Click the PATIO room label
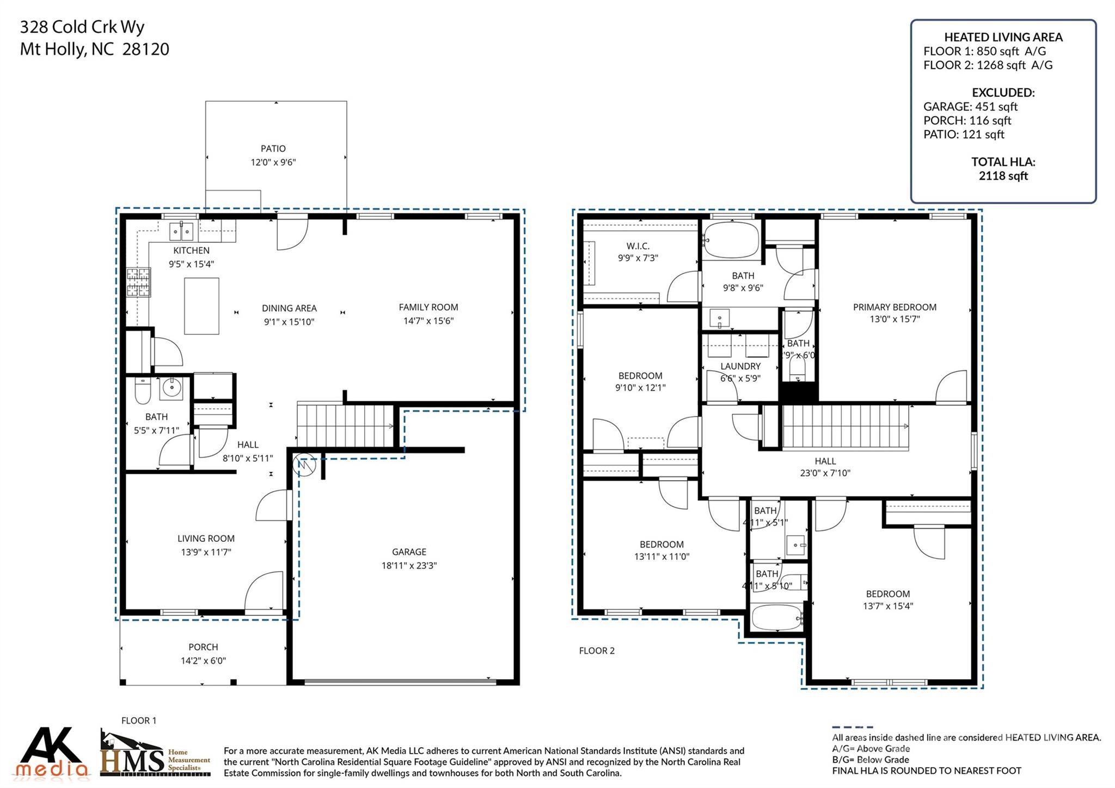point(273,149)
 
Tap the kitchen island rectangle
point(201,306)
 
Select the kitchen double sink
point(181,231)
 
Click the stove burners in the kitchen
point(138,282)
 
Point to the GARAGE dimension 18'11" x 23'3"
point(409,566)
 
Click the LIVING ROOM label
point(206,539)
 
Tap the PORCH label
point(203,647)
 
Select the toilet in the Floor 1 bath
point(142,392)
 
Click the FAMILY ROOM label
point(428,307)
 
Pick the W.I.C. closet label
point(638,246)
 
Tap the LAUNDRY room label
point(740,366)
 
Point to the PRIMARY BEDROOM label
point(895,307)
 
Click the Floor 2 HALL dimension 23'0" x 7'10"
point(825,473)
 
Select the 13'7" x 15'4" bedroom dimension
point(887,606)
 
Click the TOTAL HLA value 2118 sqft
point(1003,176)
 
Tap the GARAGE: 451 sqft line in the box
point(970,107)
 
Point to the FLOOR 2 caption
point(597,651)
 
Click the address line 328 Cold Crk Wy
point(82,27)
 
